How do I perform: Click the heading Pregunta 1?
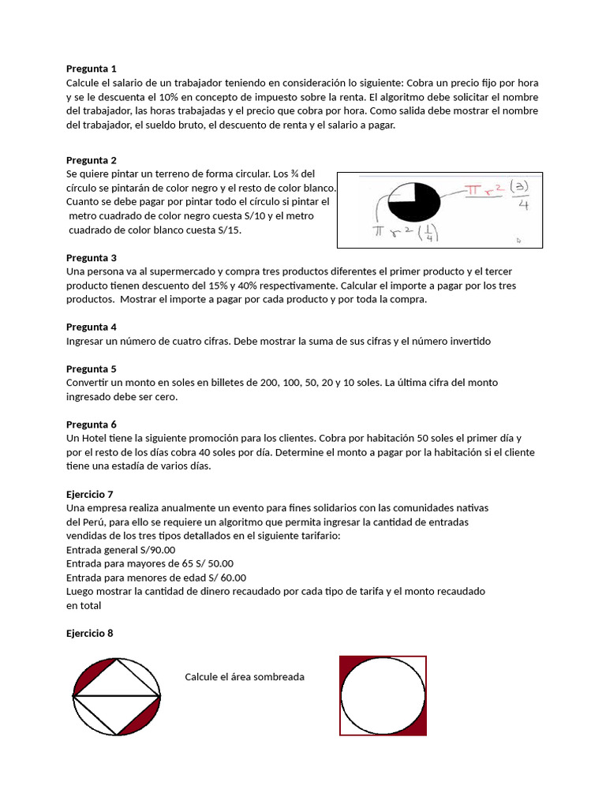tap(92, 69)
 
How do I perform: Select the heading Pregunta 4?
tap(92, 327)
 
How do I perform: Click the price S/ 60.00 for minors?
tap(225, 578)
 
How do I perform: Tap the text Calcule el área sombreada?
tap(245, 677)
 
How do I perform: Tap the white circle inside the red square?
tap(382, 694)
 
